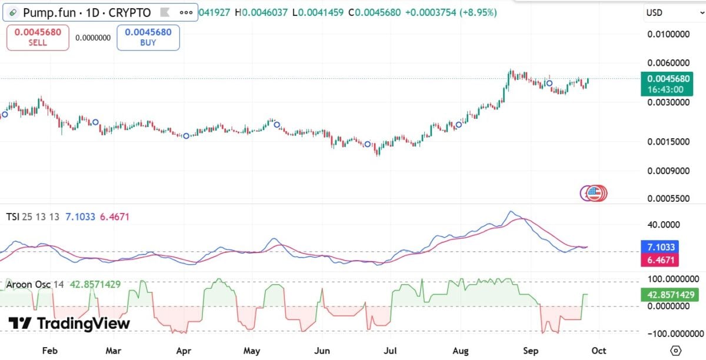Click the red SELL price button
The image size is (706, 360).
[38, 38]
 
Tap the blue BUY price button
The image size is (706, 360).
[148, 38]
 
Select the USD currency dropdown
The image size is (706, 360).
[674, 12]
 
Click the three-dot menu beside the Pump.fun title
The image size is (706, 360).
[186, 12]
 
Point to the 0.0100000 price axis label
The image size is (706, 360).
[668, 34]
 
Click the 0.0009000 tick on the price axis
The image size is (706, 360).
[668, 171]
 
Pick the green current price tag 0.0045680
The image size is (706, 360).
[667, 84]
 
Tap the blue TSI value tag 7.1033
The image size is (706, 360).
[660, 247]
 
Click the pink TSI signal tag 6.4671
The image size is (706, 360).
[660, 260]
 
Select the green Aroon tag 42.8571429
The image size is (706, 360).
[670, 295]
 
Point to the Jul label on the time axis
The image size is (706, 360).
[390, 351]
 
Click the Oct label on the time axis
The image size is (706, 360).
[598, 351]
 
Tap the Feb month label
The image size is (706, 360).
[50, 351]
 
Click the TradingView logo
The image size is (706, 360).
[69, 324]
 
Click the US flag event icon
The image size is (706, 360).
[594, 194]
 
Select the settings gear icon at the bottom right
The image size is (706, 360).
[676, 351]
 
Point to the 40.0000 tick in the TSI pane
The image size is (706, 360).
[664, 225]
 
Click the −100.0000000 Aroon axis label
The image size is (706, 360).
[676, 334]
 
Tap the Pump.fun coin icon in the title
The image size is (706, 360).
[13, 12]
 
